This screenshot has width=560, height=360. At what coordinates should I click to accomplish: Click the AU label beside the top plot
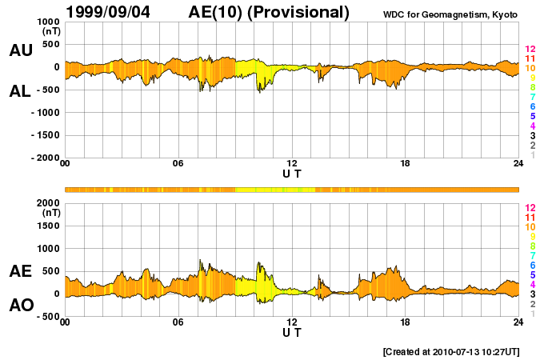coord(20,50)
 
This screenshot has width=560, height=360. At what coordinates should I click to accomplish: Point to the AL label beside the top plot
coord(20,91)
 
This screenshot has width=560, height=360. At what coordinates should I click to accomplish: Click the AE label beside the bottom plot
coord(20,272)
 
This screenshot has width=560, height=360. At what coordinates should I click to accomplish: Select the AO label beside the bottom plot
coord(20,306)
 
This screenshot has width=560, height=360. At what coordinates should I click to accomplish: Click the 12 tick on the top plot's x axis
coord(292,163)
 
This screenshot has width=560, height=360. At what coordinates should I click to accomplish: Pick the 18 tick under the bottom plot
coord(406,322)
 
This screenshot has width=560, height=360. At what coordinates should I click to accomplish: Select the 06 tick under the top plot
coord(178,163)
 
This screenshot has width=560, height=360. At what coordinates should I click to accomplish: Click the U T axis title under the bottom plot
coord(292,332)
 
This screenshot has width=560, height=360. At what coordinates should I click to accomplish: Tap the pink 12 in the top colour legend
coord(529,49)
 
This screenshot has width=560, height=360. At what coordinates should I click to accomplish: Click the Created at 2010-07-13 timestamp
coord(451,351)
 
